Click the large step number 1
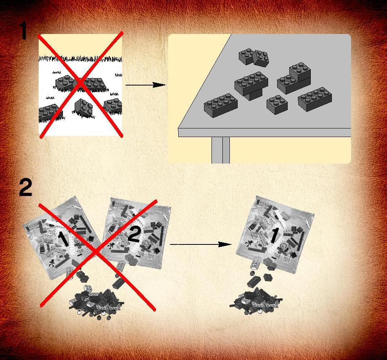(24, 30)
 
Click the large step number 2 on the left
(26, 188)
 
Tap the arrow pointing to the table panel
(146, 85)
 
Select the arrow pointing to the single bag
(201, 244)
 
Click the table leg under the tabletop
(220, 150)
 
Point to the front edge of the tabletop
(264, 132)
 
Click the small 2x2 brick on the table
(277, 105)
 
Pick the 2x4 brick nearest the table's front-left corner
(220, 105)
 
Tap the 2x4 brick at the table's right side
(315, 99)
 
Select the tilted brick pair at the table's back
(254, 58)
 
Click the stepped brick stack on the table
(294, 78)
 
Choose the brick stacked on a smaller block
(251, 86)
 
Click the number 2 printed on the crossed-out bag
(134, 235)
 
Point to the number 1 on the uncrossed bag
(274, 235)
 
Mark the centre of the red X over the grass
(80, 84)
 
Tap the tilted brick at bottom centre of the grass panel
(83, 108)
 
